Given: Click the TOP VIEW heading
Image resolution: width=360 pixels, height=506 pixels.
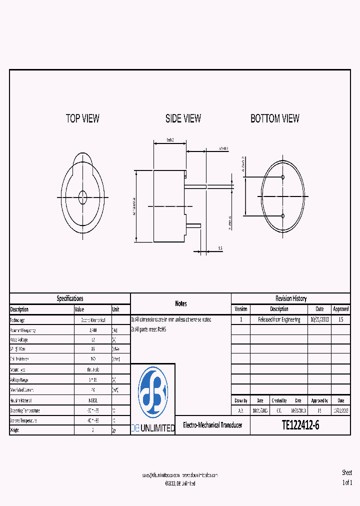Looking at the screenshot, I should pos(82,118).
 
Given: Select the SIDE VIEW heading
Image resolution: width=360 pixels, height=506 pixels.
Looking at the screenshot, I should pos(183,118).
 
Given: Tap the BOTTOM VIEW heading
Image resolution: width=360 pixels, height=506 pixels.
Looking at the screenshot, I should pos(275,118).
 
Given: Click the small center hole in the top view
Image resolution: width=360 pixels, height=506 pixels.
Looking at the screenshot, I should pos(82,197).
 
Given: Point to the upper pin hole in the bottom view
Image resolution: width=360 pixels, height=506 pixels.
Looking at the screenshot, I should pos(283,177).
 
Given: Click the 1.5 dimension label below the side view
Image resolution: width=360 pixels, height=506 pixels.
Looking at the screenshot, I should pos(219,248).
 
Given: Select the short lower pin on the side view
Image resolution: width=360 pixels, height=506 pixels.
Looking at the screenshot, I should pos(193,226).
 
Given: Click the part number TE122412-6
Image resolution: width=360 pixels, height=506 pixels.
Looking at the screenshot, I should pos(300,425).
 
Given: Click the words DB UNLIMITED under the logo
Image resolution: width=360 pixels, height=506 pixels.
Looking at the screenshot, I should pos(152,428).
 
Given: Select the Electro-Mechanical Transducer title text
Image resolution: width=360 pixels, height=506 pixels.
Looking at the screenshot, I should pos(212,425).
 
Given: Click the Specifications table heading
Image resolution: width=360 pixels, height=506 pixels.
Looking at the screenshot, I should pos(70,298).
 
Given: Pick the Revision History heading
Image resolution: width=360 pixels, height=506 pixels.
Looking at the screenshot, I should pos(291,298).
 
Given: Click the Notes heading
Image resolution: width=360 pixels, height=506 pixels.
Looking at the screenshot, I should pos(180,303).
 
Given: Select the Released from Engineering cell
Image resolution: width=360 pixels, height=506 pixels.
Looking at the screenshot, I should pos(279,319).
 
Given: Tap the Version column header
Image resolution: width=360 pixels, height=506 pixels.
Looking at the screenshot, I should pos(240,309).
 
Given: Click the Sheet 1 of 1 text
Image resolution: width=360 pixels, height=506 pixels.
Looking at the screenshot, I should pos(347,477).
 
